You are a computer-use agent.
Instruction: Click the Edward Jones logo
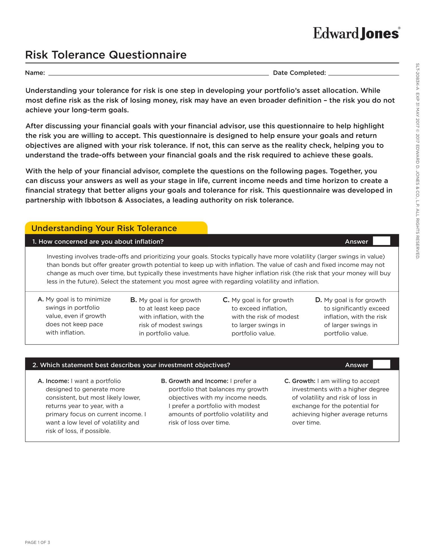pos(356,33)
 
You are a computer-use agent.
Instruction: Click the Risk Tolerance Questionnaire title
pos(106,55)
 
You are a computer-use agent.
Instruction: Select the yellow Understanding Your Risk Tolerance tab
pos(116,228)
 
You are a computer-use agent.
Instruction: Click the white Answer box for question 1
pos(381,241)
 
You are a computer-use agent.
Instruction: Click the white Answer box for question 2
pos(381,364)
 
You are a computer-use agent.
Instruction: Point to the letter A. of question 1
pos(41,299)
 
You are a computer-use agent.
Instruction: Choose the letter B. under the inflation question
pos(133,300)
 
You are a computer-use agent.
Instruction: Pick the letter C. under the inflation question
pos(226,300)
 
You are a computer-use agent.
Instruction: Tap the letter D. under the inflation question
pos(318,300)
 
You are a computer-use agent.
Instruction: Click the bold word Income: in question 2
pos(57,381)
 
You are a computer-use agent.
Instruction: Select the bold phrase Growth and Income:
pos(198,381)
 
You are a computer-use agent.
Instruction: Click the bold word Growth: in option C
pos(303,381)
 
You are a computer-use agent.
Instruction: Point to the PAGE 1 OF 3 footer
pos(38,542)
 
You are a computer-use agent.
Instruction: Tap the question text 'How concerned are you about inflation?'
pos(101,242)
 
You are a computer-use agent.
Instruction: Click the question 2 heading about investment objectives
pos(131,365)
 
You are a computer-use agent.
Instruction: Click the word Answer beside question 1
pos(356,242)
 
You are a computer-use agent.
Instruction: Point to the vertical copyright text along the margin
pos(417,161)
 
